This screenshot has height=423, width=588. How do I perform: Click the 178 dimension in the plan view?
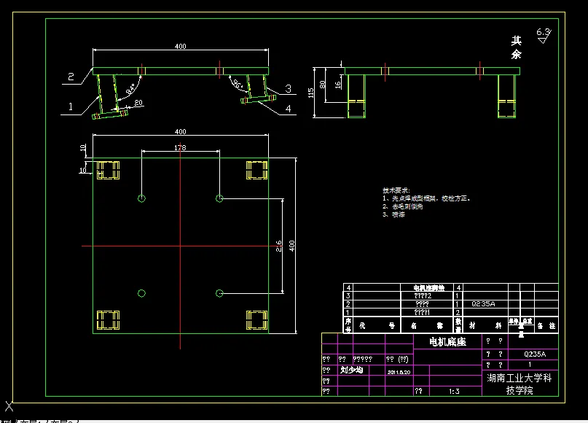pyautogui.click(x=180, y=147)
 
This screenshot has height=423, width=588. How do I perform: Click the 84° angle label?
pyautogui.click(x=130, y=89)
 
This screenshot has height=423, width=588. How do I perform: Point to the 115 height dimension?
pyautogui.click(x=311, y=93)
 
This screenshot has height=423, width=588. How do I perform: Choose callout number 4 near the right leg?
pyautogui.click(x=289, y=109)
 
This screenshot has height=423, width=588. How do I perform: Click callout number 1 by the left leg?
pyautogui.click(x=71, y=106)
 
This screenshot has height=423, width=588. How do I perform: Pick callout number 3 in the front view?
pyautogui.click(x=289, y=88)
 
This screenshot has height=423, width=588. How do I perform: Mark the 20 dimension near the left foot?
pyautogui.click(x=138, y=102)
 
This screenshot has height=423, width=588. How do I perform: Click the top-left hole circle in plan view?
pyautogui.click(x=141, y=198)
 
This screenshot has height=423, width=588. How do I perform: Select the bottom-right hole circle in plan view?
pyautogui.click(x=219, y=293)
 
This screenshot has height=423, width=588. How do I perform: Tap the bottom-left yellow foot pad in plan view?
pyautogui.click(x=108, y=319)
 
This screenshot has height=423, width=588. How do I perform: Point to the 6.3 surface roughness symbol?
pyautogui.click(x=544, y=34)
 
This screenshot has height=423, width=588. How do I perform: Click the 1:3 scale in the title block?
pyautogui.click(x=454, y=392)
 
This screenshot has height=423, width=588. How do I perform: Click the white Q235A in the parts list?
pyautogui.click(x=483, y=303)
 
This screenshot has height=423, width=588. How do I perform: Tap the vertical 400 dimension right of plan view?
pyautogui.click(x=292, y=247)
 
